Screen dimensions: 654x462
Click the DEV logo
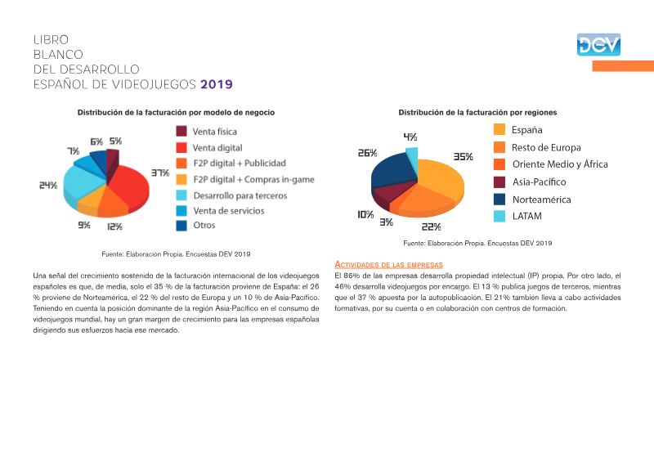[598, 45]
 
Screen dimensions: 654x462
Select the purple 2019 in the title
[217, 84]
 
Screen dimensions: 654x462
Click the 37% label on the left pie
[160, 173]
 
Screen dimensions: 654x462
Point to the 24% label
[48, 186]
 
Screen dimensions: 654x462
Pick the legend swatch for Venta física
[181, 131]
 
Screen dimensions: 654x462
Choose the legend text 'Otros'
[204, 226]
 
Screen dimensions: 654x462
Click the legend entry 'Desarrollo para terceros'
[240, 195]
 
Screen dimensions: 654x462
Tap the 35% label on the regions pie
[464, 157]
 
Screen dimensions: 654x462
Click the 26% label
[367, 153]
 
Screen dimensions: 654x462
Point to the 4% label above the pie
[410, 137]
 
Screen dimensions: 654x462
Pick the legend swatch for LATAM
[499, 216]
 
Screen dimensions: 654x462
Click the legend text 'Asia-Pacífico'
[540, 182]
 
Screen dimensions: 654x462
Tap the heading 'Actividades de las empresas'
[389, 265]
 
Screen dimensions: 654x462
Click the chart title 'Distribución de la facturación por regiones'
[477, 113]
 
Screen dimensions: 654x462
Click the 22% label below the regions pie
[432, 227]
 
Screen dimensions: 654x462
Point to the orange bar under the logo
[623, 66]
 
